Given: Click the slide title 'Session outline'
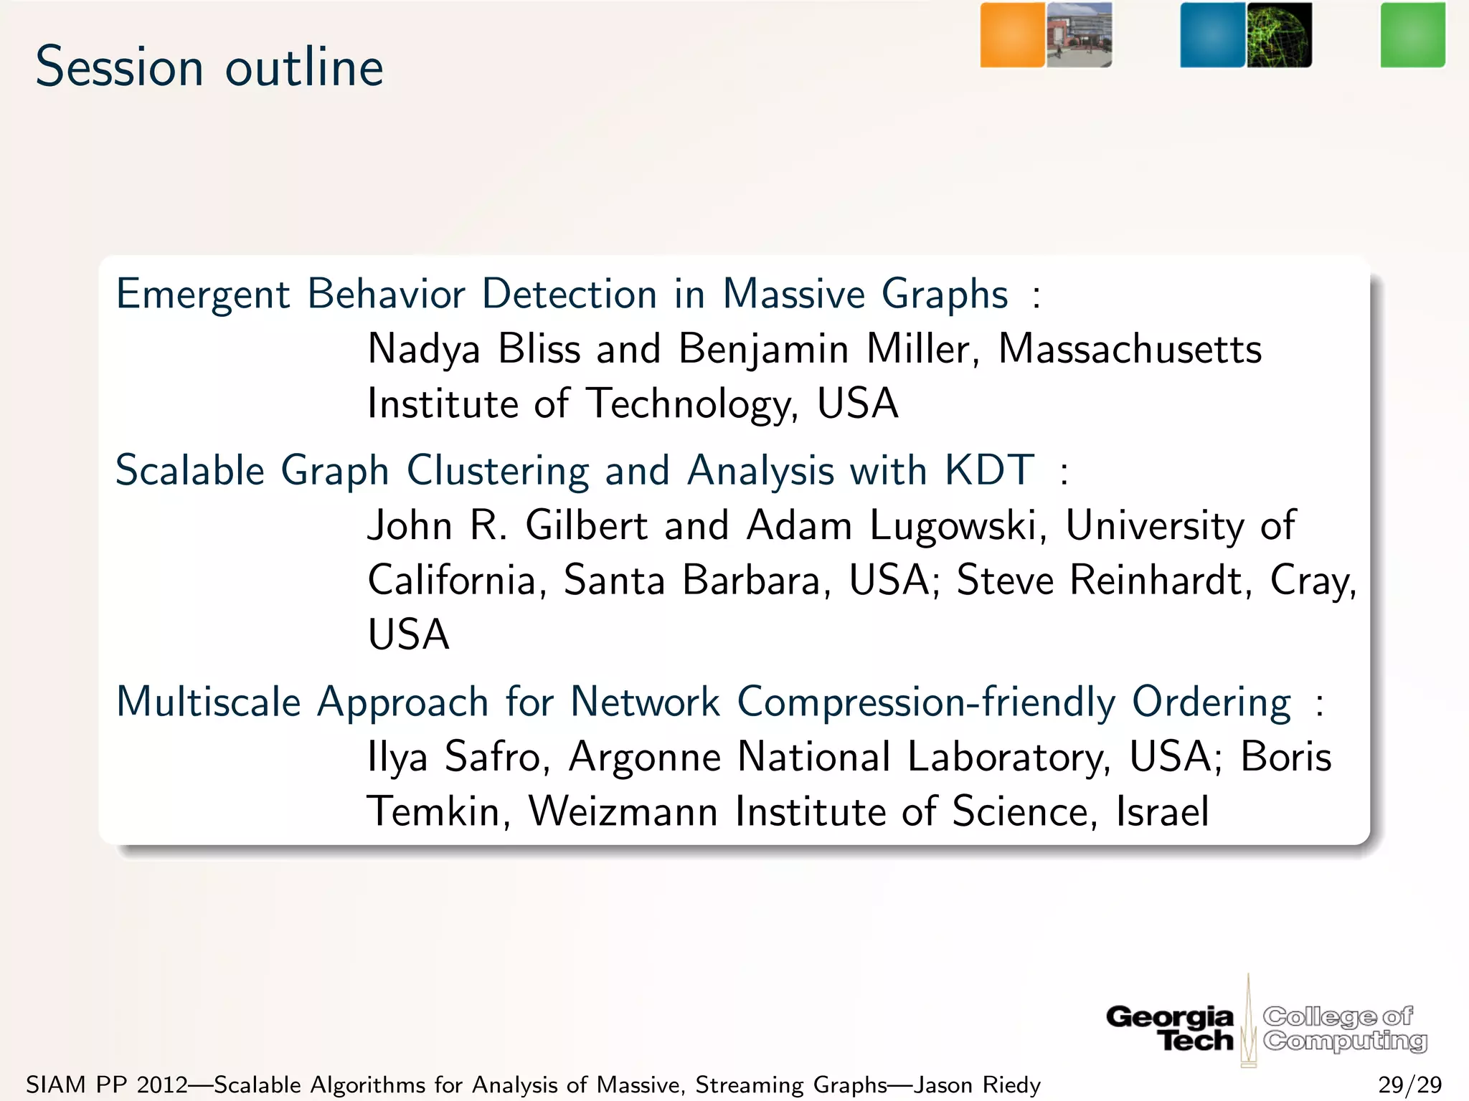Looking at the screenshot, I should (209, 67).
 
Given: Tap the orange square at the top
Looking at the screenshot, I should (1012, 35).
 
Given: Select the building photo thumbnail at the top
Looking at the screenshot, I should (1079, 35).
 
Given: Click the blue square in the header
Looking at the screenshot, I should (1212, 35).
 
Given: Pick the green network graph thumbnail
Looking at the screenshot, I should (1279, 35).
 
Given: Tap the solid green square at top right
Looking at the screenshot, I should (1412, 35).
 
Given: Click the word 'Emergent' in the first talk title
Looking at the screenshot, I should (202, 295).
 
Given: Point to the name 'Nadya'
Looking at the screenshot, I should (423, 350).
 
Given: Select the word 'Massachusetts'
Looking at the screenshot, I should (1130, 350).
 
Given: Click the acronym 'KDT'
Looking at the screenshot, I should (990, 471).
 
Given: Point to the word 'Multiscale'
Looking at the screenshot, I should (208, 702).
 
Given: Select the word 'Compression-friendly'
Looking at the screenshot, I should (926, 702).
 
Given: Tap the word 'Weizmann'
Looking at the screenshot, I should (623, 811).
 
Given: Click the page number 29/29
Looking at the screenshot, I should (1409, 1085).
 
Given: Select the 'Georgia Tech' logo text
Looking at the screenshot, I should (1171, 1028).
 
